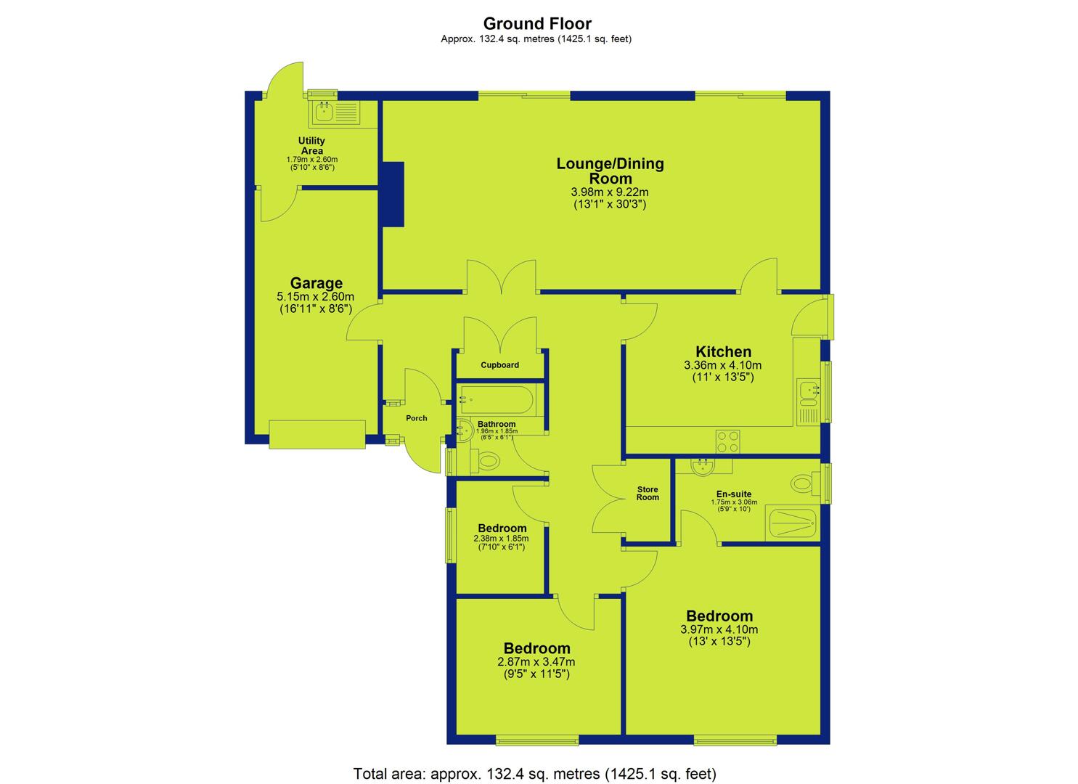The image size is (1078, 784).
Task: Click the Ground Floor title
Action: (537, 23)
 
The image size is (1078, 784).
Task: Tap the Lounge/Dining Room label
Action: (610, 171)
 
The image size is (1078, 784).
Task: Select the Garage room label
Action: (317, 283)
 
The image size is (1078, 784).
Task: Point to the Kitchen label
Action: (723, 351)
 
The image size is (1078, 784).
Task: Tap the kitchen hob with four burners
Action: (727, 442)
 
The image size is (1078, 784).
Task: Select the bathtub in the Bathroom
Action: (496, 400)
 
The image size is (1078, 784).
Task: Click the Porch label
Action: (416, 418)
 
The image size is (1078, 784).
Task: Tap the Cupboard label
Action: (499, 365)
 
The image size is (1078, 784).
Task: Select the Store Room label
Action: (648, 493)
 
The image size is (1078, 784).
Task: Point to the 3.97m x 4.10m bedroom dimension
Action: (719, 629)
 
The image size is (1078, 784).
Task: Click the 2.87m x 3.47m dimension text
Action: (536, 662)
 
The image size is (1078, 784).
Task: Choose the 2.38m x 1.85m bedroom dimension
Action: (501, 539)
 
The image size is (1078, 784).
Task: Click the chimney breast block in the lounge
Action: (393, 194)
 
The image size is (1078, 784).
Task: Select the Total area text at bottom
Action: (535, 773)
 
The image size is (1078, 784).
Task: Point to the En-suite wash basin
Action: (703, 466)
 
